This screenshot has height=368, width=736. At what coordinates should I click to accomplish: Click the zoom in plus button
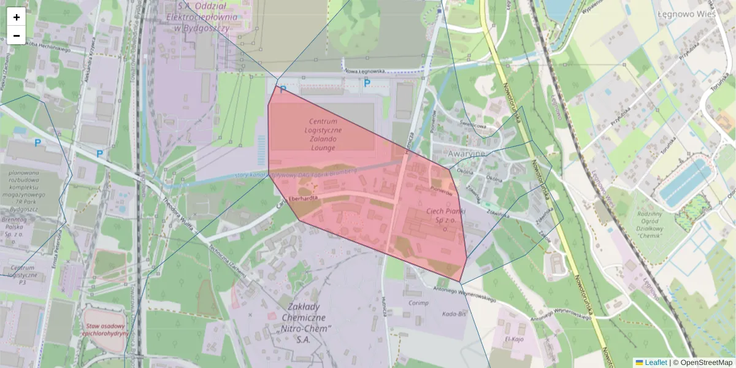pyautogui.click(x=17, y=17)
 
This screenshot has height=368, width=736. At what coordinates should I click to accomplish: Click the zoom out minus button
pyautogui.click(x=17, y=36)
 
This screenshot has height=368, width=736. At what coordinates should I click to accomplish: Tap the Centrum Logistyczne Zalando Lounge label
pyautogui.click(x=323, y=134)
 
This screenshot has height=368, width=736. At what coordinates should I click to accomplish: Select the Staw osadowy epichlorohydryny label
pyautogui.click(x=107, y=330)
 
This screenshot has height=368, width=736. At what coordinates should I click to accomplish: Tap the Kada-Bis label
pyautogui.click(x=454, y=314)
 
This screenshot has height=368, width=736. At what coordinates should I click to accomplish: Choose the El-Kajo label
pyautogui.click(x=513, y=338)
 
